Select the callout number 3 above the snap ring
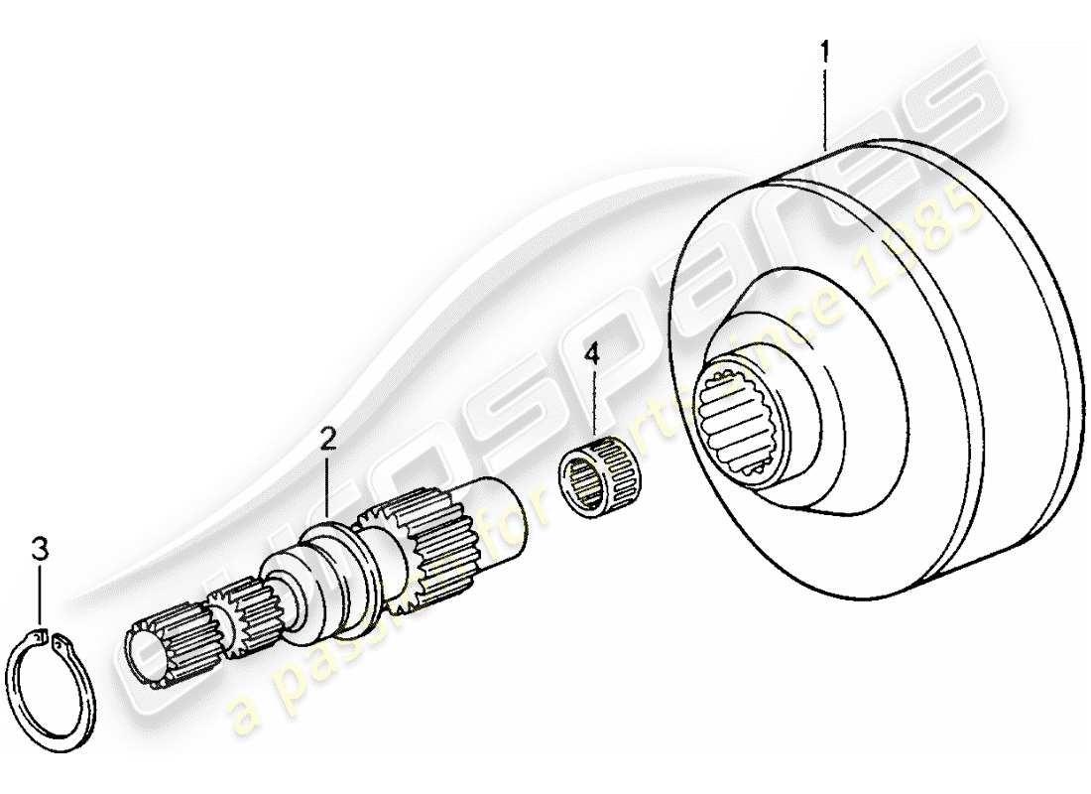coord(39,548)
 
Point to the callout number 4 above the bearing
coord(591,352)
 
